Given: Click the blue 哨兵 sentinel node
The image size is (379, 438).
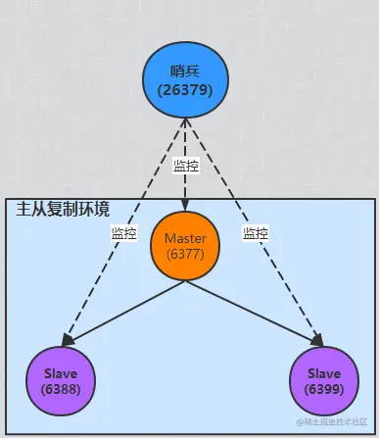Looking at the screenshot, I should point(185,75).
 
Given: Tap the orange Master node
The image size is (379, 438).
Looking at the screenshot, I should point(185,246).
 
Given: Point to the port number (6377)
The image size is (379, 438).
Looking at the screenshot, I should point(185,254).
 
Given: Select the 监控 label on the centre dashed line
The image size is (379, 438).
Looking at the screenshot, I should point(185,166).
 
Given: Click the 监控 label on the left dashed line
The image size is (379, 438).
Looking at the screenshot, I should point(124,234).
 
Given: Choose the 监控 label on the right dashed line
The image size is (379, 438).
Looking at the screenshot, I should point(256,234).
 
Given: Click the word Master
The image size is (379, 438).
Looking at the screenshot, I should point(185,239).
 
